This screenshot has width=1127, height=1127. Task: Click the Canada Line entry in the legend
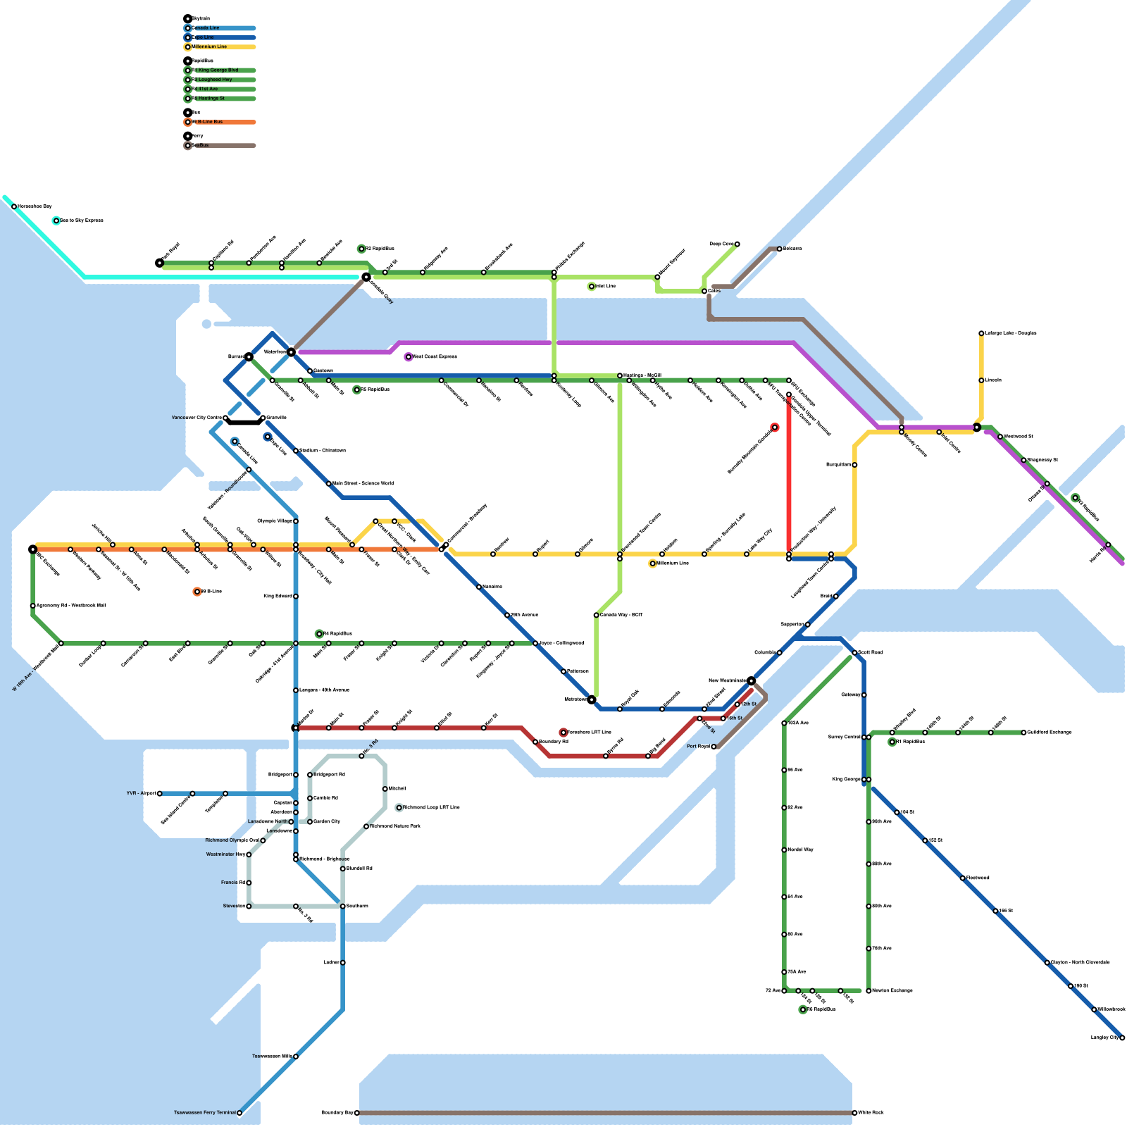[x=206, y=28]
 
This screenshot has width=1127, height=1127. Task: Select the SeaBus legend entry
[x=201, y=146]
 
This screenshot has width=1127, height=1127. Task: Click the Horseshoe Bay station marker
[x=14, y=206]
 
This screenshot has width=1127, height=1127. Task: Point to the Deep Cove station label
[x=721, y=244]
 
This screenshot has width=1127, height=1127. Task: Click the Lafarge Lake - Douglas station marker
[x=981, y=333]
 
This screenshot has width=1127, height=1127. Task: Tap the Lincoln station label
[x=993, y=380]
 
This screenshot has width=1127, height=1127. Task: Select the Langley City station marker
[x=1122, y=1038]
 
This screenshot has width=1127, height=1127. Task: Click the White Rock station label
[x=871, y=1113]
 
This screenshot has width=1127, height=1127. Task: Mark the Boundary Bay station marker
[x=357, y=1113]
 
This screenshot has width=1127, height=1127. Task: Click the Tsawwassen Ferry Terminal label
[x=205, y=1113]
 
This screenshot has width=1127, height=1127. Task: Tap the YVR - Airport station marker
[x=160, y=794]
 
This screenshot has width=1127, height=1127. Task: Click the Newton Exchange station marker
[x=868, y=991]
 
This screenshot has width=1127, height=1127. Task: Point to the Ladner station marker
[x=343, y=962]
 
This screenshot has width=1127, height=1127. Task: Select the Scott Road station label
[x=871, y=653]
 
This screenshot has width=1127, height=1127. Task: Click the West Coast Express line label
[x=435, y=357]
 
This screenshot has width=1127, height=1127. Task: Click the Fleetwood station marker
[x=963, y=878]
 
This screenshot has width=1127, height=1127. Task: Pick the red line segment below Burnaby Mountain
[x=789, y=479]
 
